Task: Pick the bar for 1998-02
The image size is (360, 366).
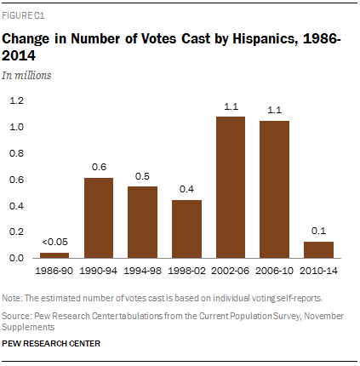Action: point(186,228)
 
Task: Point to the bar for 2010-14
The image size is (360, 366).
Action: point(318,249)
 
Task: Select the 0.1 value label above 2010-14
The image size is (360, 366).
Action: point(318,231)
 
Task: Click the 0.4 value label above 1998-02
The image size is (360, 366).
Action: point(186,188)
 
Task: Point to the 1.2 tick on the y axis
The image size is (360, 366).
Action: point(16,100)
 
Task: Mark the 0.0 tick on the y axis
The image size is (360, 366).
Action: point(16,258)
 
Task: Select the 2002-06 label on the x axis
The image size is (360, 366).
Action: point(231,268)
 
